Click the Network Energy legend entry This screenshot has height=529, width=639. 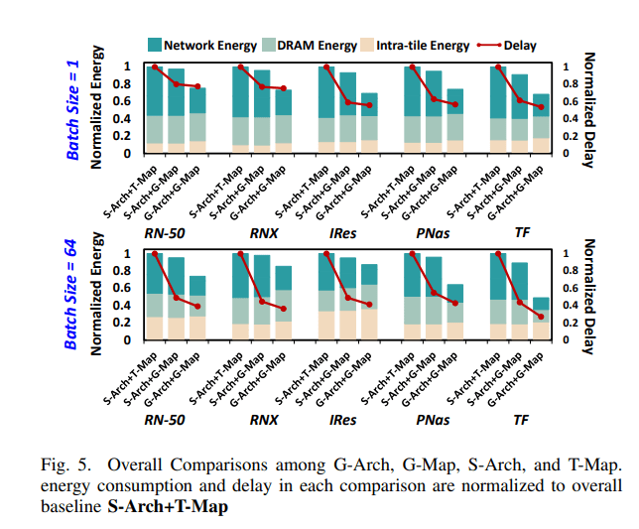[x=204, y=45]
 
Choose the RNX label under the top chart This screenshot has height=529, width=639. [x=263, y=235]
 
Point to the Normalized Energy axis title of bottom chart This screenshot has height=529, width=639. [x=98, y=296]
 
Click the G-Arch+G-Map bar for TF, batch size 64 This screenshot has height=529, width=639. [x=541, y=318]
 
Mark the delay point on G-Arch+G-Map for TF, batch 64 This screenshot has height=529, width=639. [x=541, y=317]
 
